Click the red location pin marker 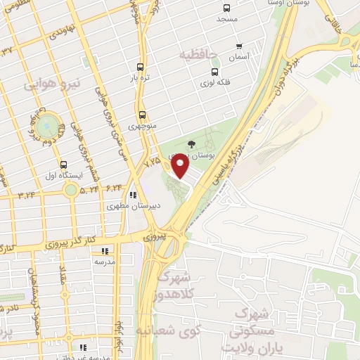point(180,165)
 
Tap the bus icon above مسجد point(226,8)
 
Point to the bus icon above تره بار point(141,67)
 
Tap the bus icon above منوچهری point(142,115)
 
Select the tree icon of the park point(191,144)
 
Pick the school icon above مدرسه point(105,250)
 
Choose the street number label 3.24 point(27,193)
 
